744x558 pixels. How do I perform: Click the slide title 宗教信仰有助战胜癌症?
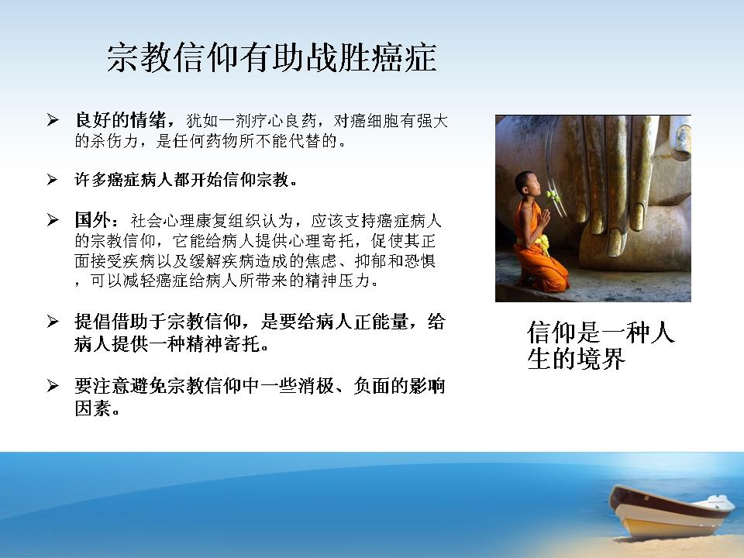[271, 58]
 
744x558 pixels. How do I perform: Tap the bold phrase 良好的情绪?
[121, 120]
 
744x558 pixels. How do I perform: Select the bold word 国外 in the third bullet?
[93, 220]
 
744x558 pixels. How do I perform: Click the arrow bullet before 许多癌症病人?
[52, 179]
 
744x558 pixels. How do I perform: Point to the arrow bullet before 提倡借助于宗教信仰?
[52, 321]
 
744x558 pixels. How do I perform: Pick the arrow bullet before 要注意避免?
[52, 386]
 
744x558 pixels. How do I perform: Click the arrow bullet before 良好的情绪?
[52, 120]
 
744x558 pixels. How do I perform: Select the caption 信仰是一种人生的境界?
[600, 345]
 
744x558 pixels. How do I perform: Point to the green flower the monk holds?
[551, 195]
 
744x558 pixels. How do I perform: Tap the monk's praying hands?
[545, 219]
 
